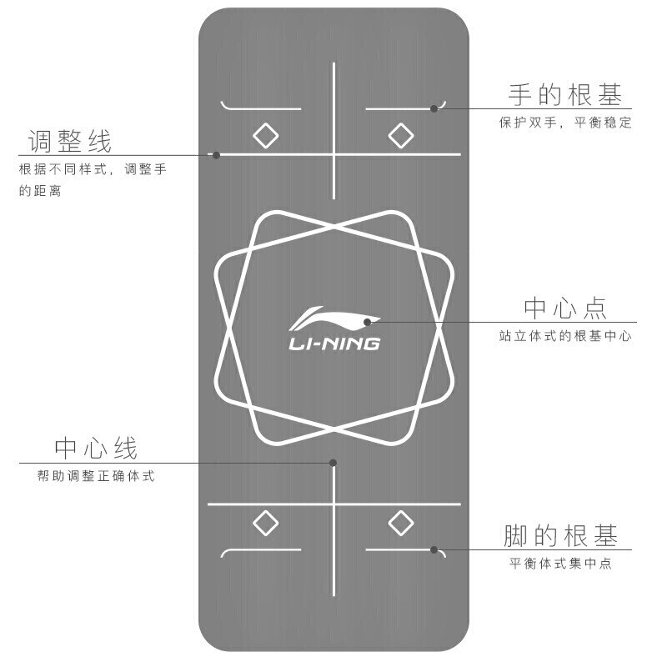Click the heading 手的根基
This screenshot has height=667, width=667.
[565, 93]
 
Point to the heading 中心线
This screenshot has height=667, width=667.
[96, 449]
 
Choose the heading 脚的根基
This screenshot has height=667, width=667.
[561, 534]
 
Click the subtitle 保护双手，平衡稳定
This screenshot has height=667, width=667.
[565, 123]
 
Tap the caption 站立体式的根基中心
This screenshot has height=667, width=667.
[564, 336]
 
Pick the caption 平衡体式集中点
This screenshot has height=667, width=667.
[561, 564]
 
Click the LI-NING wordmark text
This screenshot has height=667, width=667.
[333, 343]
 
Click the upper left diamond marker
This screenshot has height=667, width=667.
[265, 135]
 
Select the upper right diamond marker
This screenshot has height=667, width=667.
[401, 135]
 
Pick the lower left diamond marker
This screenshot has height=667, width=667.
[265, 523]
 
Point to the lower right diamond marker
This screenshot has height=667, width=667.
[401, 523]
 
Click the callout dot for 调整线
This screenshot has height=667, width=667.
[216, 154]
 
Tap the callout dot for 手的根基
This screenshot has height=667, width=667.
[434, 108]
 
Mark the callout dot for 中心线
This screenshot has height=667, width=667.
[333, 462]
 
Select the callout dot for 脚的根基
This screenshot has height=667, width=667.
[434, 549]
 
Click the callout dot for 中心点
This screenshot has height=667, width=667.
[366, 321]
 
